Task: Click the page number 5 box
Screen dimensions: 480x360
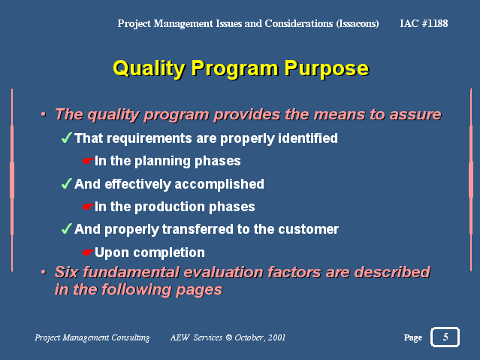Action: (x=445, y=337)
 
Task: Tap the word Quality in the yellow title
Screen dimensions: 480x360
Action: (x=149, y=68)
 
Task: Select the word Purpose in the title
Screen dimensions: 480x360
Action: (x=327, y=68)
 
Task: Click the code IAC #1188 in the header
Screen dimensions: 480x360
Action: (x=424, y=23)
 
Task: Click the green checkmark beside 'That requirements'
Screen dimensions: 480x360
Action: (x=67, y=138)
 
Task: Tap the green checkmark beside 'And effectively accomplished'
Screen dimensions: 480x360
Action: (x=67, y=183)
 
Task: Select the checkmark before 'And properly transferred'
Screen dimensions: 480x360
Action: (x=67, y=228)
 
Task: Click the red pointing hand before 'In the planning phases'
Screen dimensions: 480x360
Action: (x=87, y=161)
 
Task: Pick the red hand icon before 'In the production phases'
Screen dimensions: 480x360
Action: (x=87, y=207)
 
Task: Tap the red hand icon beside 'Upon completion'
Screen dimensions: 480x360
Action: (x=87, y=253)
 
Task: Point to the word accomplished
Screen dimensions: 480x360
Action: (x=219, y=184)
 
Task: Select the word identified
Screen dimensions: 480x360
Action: (x=308, y=138)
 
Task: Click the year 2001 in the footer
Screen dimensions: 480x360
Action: (x=276, y=337)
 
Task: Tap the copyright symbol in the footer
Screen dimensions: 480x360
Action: (x=229, y=337)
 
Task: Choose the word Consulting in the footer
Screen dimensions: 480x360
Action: (x=131, y=337)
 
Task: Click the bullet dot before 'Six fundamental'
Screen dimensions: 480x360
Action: (x=44, y=272)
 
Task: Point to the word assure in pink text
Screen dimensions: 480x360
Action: (x=415, y=115)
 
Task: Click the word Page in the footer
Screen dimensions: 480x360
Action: (x=413, y=337)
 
